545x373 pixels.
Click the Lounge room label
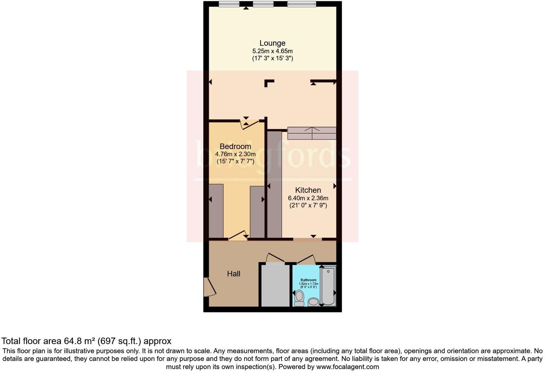(x=272, y=43)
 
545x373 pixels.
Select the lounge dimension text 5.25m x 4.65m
(x=272, y=51)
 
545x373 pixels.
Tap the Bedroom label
(x=235, y=146)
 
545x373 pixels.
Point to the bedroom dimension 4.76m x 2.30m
(x=235, y=154)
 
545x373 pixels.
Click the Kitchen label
(x=308, y=190)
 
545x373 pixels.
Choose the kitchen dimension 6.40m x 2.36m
(x=308, y=198)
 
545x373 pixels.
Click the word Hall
(x=233, y=274)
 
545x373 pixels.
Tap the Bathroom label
(x=308, y=280)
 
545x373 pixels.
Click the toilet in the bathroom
(x=299, y=298)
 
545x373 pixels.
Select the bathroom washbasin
(x=313, y=302)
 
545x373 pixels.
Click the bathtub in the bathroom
(x=328, y=286)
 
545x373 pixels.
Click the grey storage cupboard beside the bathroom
(x=275, y=285)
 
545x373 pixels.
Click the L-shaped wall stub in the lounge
(x=269, y=83)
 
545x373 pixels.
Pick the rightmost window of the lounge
(x=301, y=4)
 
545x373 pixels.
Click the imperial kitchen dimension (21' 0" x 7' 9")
(x=308, y=206)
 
